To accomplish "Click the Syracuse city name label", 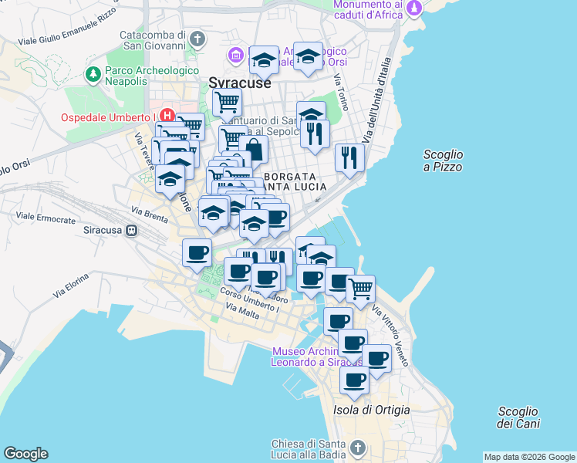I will (x=240, y=82).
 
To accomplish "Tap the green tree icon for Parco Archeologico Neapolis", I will (x=93, y=74).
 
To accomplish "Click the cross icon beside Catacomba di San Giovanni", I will (x=198, y=38).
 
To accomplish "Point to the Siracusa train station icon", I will (x=132, y=230).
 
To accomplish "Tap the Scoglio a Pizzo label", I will (x=443, y=161).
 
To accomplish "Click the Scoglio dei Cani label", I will (x=518, y=417).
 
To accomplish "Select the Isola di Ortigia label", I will (x=371, y=409).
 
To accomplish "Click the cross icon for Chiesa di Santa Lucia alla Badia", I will (x=357, y=448).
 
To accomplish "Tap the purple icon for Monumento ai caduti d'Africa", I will (x=416, y=8).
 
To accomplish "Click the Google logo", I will (x=25, y=454).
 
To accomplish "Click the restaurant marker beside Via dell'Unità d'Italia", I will (x=349, y=157).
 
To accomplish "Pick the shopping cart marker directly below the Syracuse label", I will (x=227, y=102).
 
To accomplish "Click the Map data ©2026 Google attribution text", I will (x=529, y=457).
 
